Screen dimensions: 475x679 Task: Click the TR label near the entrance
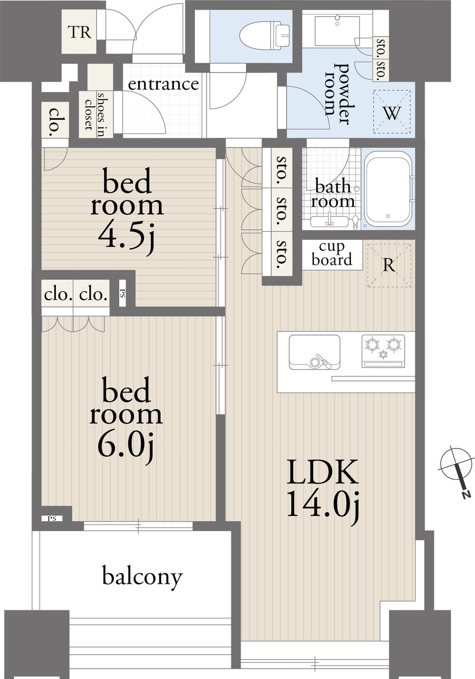tap(80, 32)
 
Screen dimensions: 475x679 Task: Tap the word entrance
tap(163, 84)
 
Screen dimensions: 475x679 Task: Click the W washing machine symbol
tap(392, 112)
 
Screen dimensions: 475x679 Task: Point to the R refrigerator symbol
tap(389, 265)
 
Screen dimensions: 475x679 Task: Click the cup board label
tap(332, 254)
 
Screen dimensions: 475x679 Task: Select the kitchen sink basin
tap(314, 352)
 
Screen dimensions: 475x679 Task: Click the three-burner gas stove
tap(383, 351)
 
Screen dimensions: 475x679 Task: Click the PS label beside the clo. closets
tap(123, 294)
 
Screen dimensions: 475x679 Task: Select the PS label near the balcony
tap(52, 518)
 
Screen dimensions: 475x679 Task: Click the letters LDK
tap(323, 472)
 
